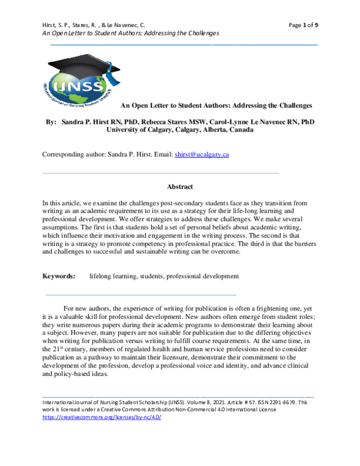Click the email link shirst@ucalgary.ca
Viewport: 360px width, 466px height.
[202, 154]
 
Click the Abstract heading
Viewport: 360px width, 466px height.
[179, 187]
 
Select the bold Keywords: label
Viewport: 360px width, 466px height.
[59, 276]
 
